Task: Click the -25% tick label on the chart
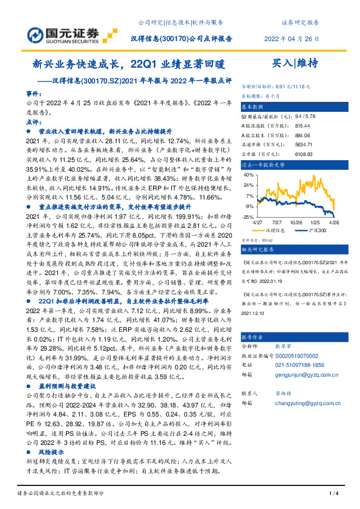(x=249, y=216)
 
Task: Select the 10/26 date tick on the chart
(x=296, y=222)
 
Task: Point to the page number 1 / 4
(x=332, y=494)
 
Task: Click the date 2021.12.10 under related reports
(x=254, y=314)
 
